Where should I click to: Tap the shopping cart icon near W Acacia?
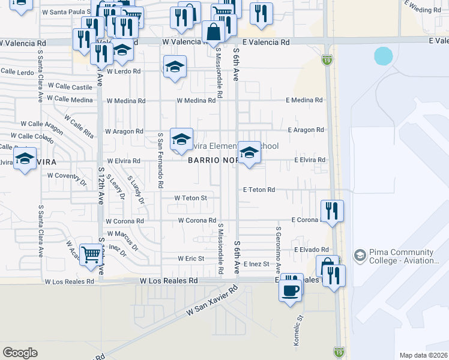90,254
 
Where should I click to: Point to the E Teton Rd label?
259,190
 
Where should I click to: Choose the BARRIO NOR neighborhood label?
209,160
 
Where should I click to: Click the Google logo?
20,352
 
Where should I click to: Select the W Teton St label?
190,197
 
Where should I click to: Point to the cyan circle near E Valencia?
383,56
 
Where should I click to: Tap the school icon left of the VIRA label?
25,160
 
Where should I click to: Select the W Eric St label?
191,259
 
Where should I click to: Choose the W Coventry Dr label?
67,176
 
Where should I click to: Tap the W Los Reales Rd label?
169,280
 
